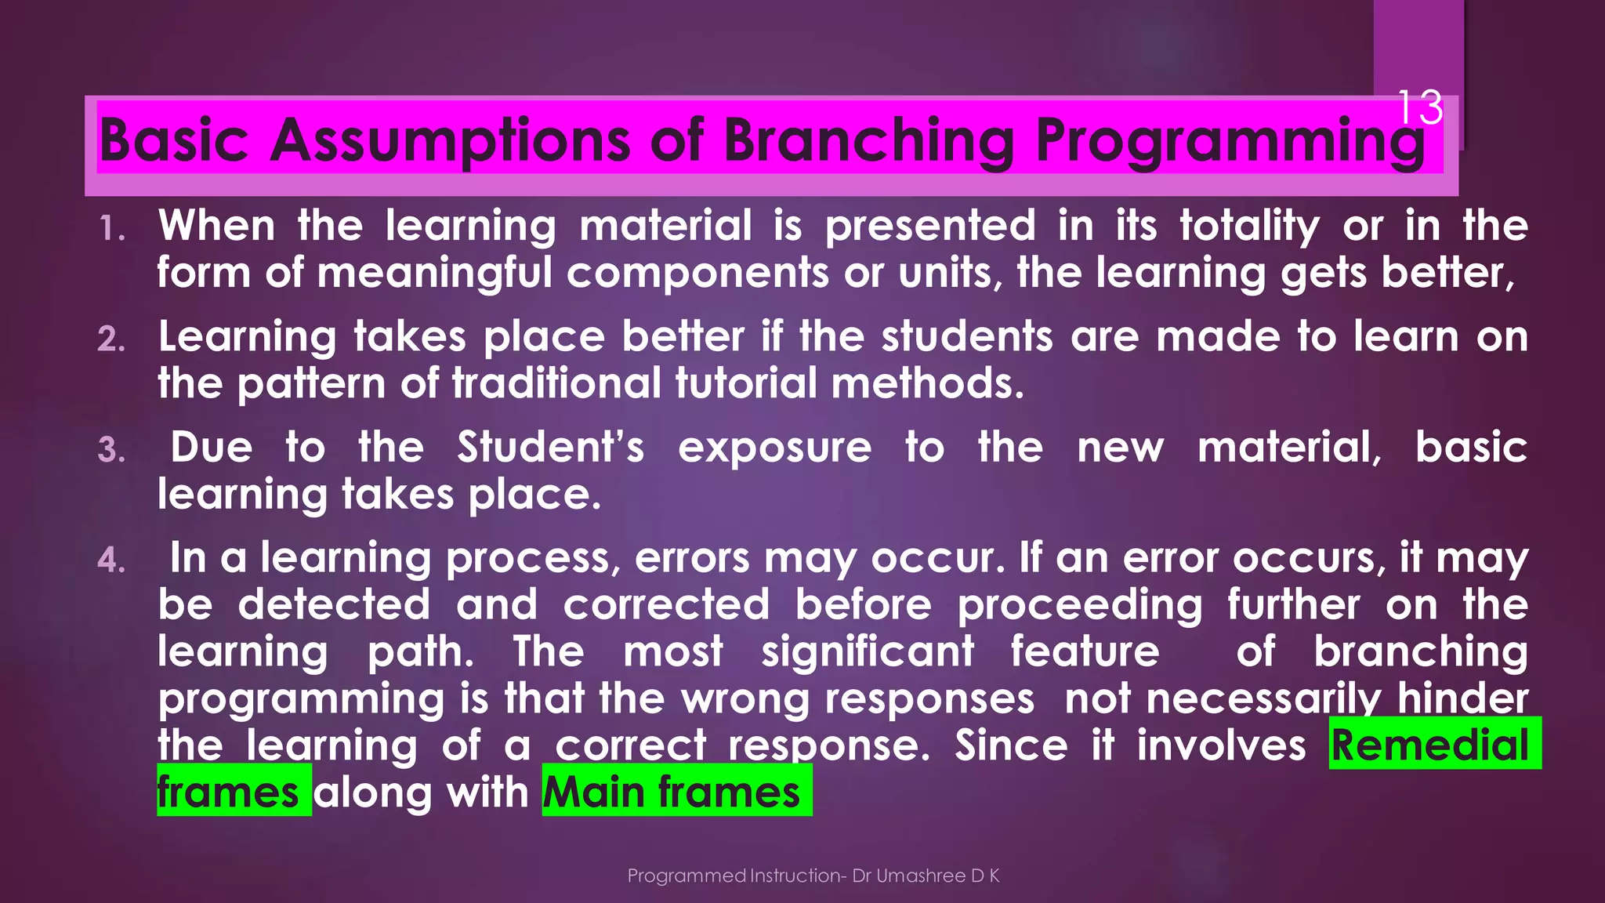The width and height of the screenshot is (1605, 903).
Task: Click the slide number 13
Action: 1419,107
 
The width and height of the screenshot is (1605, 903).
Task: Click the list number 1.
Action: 112,230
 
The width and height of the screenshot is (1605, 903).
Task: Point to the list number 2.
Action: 112,340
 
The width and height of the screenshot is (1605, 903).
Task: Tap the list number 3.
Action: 112,451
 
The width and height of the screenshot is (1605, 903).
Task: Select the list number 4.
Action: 112,561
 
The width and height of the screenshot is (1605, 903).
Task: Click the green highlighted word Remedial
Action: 1430,745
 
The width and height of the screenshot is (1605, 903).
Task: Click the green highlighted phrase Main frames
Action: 672,792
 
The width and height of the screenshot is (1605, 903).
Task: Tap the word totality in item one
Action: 1250,227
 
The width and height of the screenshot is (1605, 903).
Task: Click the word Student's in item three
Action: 550,448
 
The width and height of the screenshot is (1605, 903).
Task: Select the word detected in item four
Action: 334,604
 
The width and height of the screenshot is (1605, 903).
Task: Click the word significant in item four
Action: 868,652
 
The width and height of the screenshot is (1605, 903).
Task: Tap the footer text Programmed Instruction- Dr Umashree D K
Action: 813,876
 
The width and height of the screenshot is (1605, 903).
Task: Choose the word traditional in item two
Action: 557,383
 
